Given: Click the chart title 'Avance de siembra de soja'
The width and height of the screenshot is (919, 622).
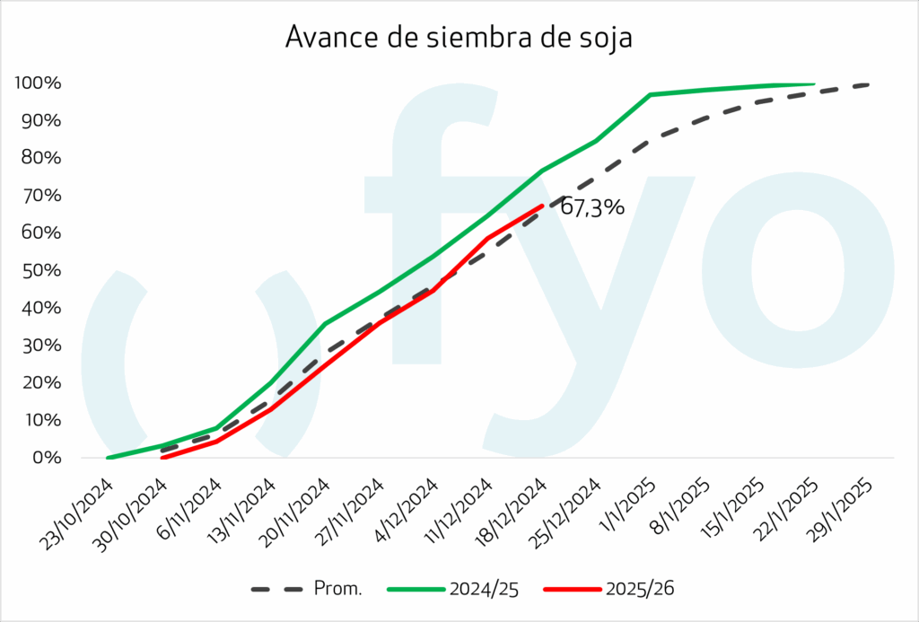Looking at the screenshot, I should coord(459,37).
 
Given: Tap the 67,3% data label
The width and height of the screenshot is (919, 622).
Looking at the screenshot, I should coord(591,208).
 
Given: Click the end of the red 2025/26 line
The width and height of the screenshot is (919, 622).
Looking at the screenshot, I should coord(541,206).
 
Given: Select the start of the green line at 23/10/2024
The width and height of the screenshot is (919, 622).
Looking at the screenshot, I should coord(108,458).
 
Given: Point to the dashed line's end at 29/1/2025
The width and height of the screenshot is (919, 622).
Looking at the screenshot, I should coord(868,84).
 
